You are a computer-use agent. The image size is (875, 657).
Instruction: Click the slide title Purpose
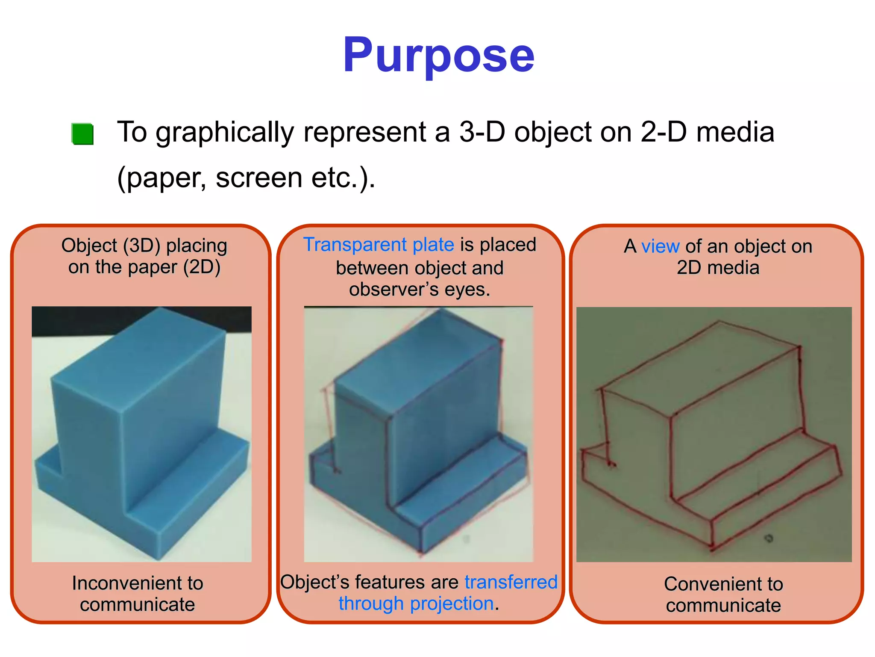[x=438, y=56]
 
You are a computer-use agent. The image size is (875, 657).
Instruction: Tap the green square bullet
[x=82, y=134]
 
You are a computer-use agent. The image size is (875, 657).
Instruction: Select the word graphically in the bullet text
[x=225, y=133]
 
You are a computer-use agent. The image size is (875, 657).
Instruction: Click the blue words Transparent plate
[x=379, y=245]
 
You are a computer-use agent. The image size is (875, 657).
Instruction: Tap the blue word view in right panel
[x=660, y=246]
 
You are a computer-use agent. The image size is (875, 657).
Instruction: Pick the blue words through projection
[x=416, y=604]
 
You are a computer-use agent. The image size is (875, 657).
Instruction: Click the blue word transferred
[x=511, y=582]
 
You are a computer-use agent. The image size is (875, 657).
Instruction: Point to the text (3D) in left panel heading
[x=141, y=246]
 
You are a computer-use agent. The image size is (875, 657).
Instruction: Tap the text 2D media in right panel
[x=718, y=268]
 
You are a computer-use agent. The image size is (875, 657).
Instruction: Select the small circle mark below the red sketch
[x=769, y=539]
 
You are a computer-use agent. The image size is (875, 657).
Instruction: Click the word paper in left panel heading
[x=152, y=267]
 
